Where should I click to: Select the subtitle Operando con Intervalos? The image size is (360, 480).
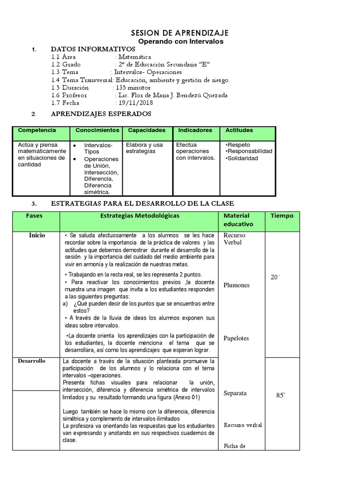pyautogui.click(x=180, y=41)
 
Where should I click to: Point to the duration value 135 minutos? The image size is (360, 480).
pyautogui.click(x=133, y=88)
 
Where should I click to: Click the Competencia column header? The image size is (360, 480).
pyautogui.click(x=37, y=130)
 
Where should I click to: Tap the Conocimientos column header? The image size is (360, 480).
pyautogui.click(x=97, y=130)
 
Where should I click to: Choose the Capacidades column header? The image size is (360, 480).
pyautogui.click(x=147, y=130)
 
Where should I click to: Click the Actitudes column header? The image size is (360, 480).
pyautogui.click(x=239, y=130)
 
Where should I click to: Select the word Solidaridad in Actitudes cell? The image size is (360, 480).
pyautogui.click(x=242, y=158)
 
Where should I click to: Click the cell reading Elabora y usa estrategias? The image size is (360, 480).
pyautogui.click(x=144, y=148)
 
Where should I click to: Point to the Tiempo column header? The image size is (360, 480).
pyautogui.click(x=282, y=216)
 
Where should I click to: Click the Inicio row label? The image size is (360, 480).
pyautogui.click(x=37, y=235)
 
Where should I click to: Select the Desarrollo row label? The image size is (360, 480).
pyautogui.click(x=32, y=361)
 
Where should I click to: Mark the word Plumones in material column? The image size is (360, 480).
pyautogui.click(x=237, y=285)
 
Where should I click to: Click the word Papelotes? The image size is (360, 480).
pyautogui.click(x=236, y=338)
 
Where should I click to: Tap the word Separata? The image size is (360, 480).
pyautogui.click(x=235, y=393)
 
